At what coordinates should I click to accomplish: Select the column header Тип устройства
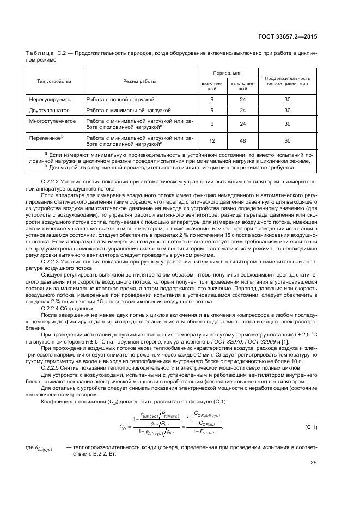[x=54, y=81]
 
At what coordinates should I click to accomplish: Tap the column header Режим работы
[x=139, y=81]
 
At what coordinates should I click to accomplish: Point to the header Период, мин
[x=228, y=73]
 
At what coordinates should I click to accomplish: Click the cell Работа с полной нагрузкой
[x=120, y=100]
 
